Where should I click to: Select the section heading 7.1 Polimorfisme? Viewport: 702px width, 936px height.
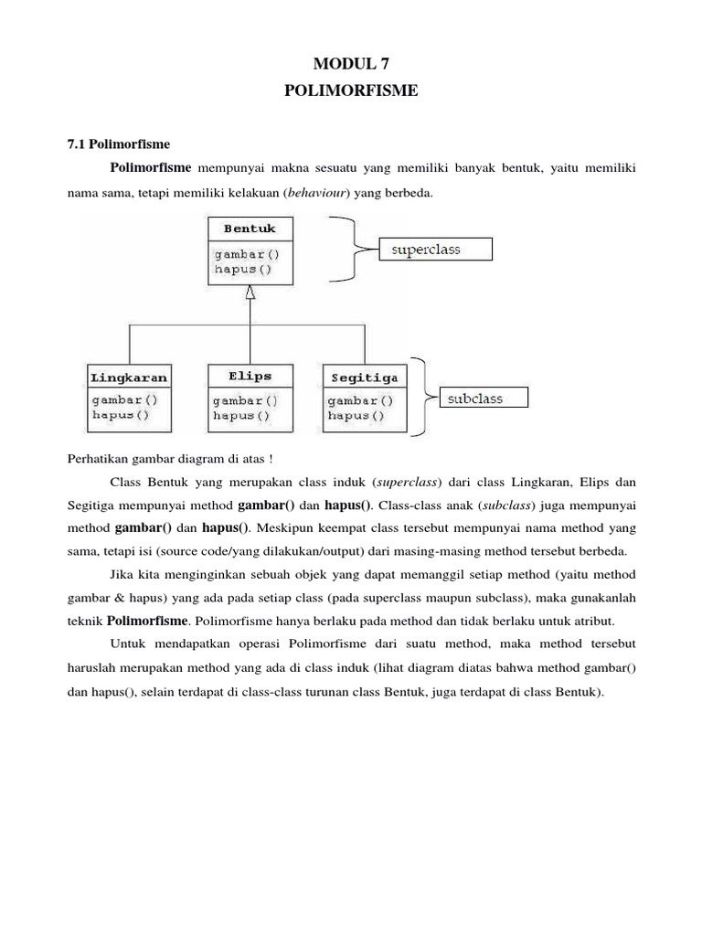tap(119, 144)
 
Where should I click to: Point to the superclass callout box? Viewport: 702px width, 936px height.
tap(435, 249)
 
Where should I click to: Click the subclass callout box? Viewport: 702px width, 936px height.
tap(474, 398)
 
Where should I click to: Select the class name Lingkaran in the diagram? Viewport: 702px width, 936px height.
tap(129, 377)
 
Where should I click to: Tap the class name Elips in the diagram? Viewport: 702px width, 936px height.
tap(250, 376)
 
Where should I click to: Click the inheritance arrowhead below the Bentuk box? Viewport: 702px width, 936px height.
tap(250, 293)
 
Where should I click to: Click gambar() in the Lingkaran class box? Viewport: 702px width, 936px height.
tap(124, 399)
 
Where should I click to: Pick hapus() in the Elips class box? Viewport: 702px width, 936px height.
tap(241, 415)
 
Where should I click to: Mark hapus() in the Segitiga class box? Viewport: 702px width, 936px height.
tap(356, 415)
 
